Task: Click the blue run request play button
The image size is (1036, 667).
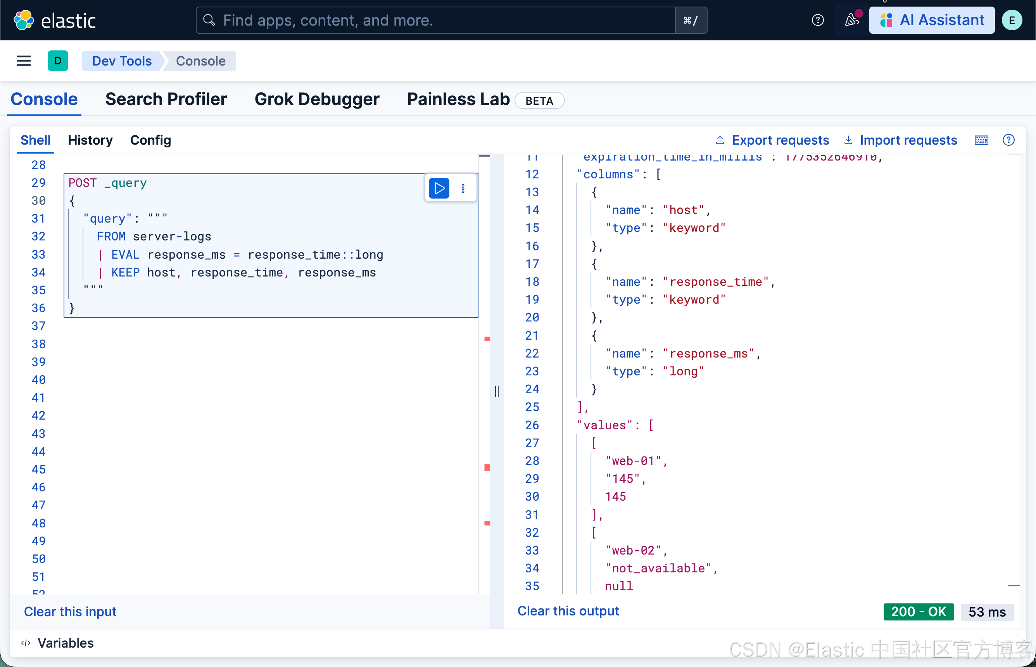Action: tap(439, 188)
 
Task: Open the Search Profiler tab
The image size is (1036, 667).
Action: tap(166, 100)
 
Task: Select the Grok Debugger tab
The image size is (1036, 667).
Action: tap(316, 100)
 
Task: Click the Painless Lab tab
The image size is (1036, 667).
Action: tap(458, 100)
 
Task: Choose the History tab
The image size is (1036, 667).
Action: tap(90, 140)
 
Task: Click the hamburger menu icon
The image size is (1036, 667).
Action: tap(24, 61)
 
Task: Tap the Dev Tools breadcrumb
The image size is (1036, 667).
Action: tap(122, 61)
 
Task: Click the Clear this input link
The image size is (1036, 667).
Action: tap(70, 612)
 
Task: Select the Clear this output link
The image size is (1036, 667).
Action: tap(568, 611)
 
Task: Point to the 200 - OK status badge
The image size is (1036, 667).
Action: tap(918, 612)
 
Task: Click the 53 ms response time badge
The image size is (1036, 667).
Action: tap(987, 612)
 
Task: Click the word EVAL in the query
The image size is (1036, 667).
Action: tap(125, 255)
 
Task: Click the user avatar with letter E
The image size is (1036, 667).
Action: tap(1012, 20)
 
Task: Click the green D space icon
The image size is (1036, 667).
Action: tap(58, 61)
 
